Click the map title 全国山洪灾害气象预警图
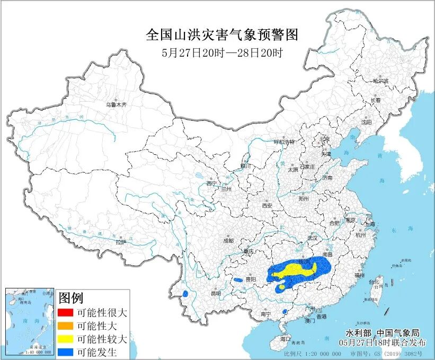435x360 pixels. (222, 35)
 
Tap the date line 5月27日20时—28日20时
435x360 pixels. (222, 52)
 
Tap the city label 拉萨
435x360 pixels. (121, 242)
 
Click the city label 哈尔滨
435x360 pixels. (380, 81)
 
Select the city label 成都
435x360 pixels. (228, 240)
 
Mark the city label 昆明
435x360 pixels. (216, 293)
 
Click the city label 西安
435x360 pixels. (266, 205)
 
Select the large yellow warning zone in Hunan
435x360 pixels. (297, 270)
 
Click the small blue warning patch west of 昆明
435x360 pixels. (185, 293)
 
